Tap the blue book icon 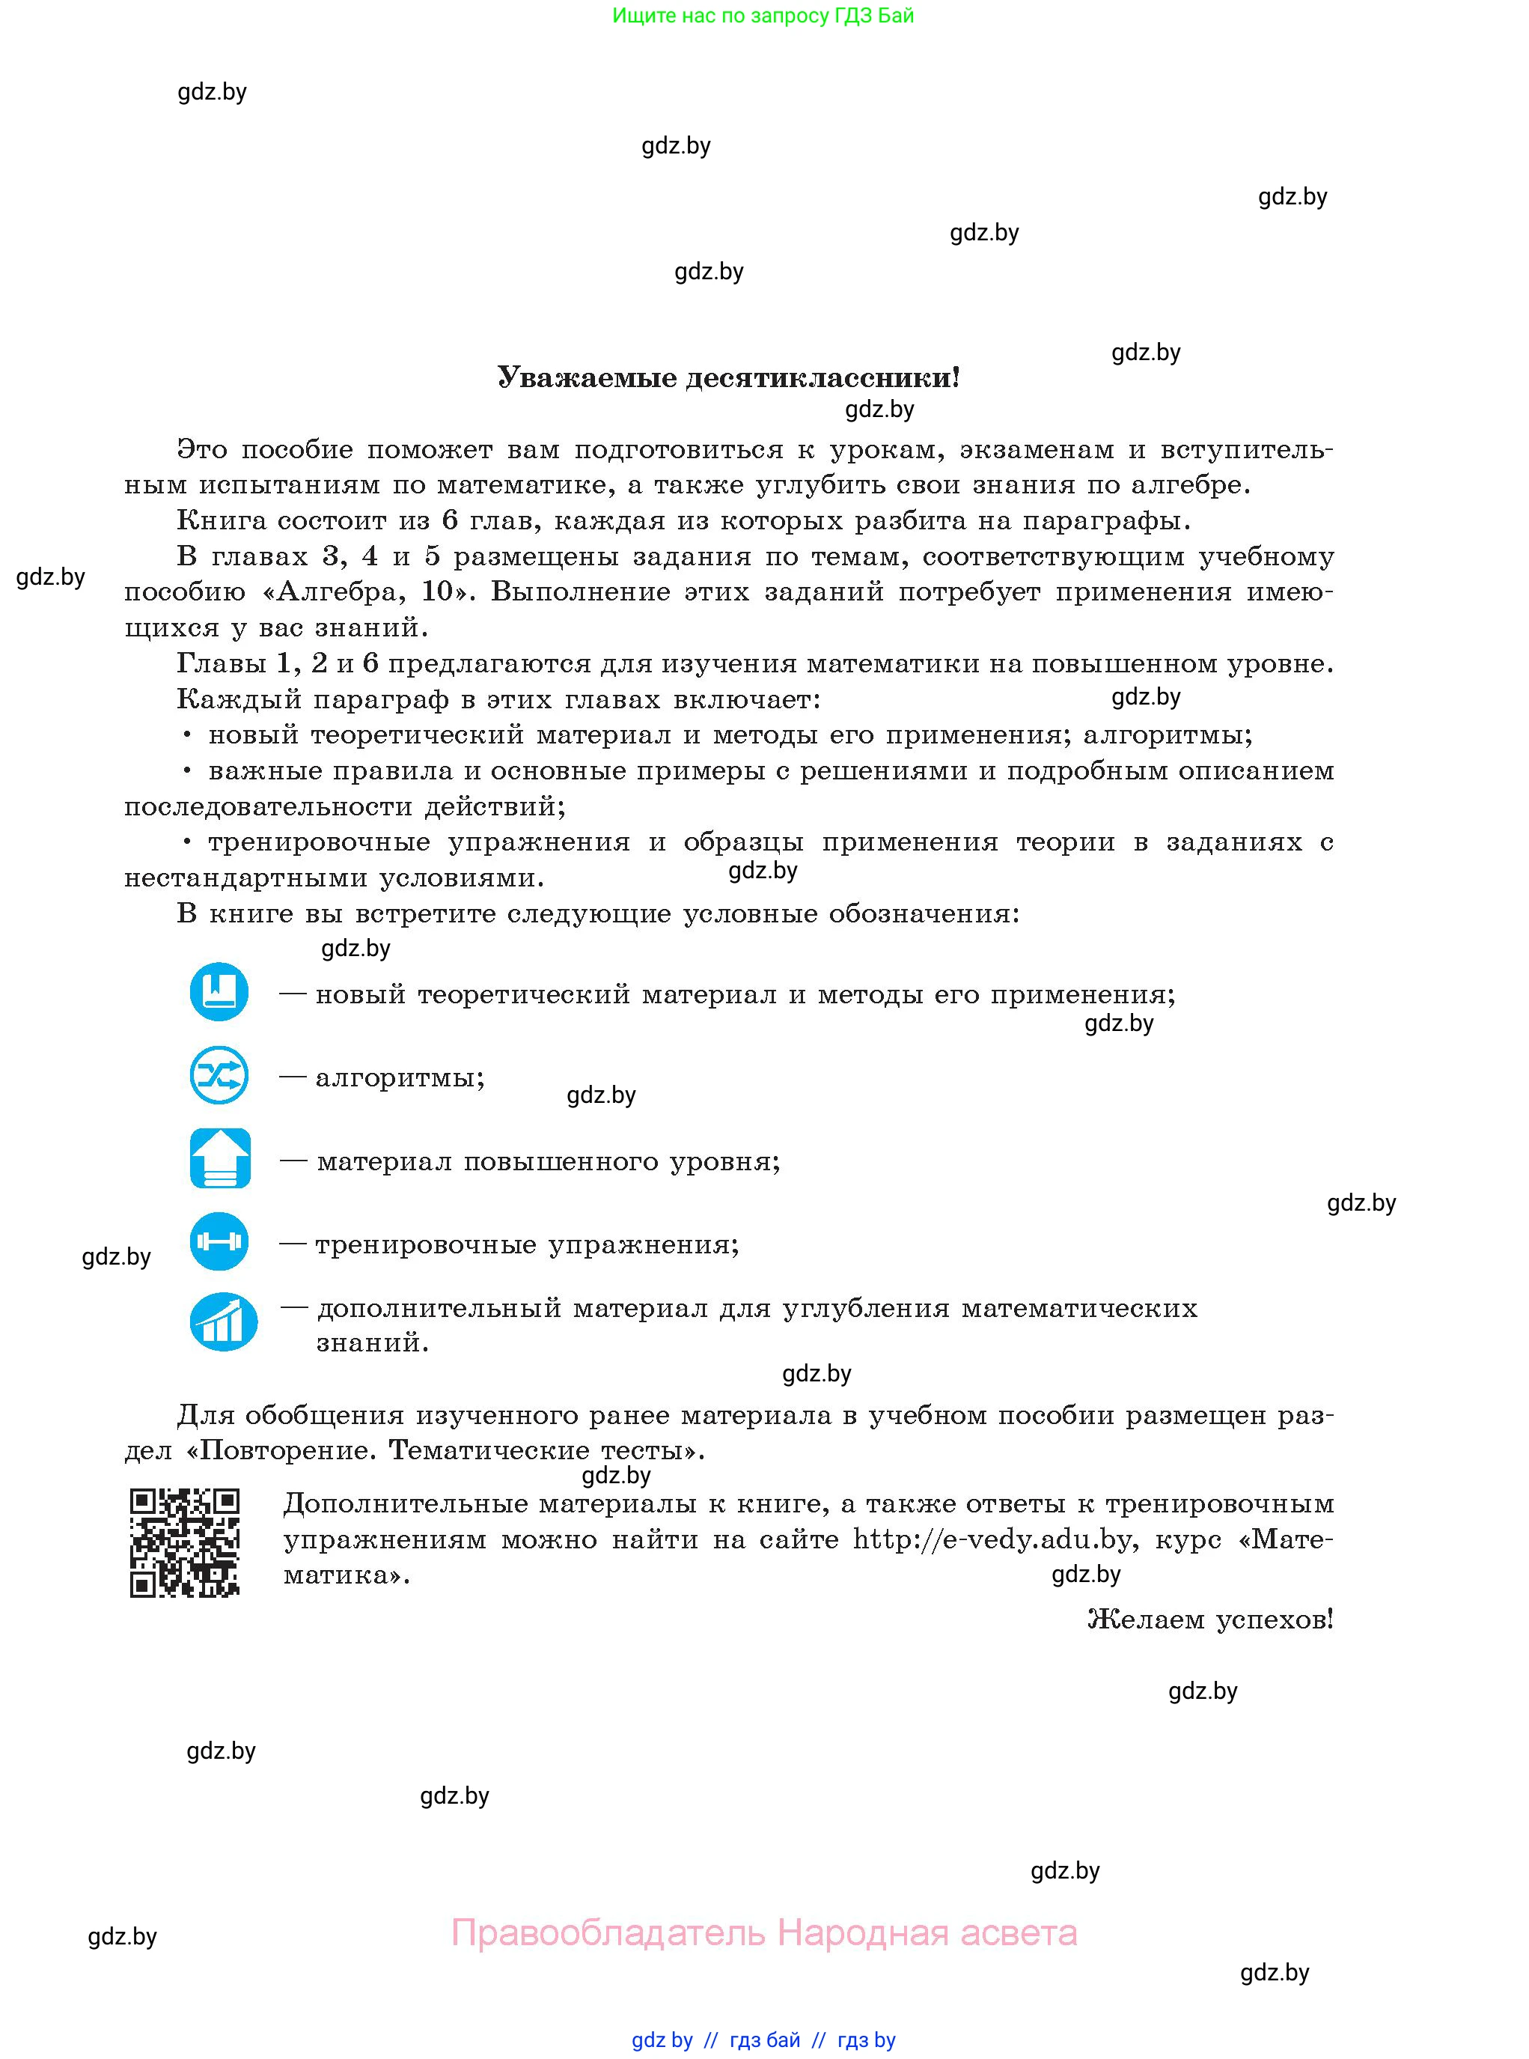click(219, 991)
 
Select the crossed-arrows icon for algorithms click(219, 1075)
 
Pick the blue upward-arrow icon click(220, 1158)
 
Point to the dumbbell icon click(219, 1241)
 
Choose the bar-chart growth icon click(223, 1322)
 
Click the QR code click(185, 1542)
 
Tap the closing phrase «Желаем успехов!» click(1209, 1619)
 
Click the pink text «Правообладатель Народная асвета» click(763, 1932)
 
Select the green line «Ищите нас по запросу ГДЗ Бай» click(763, 16)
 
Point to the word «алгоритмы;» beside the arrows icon click(400, 1077)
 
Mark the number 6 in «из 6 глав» click(450, 520)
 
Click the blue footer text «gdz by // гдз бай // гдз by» click(763, 2040)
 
